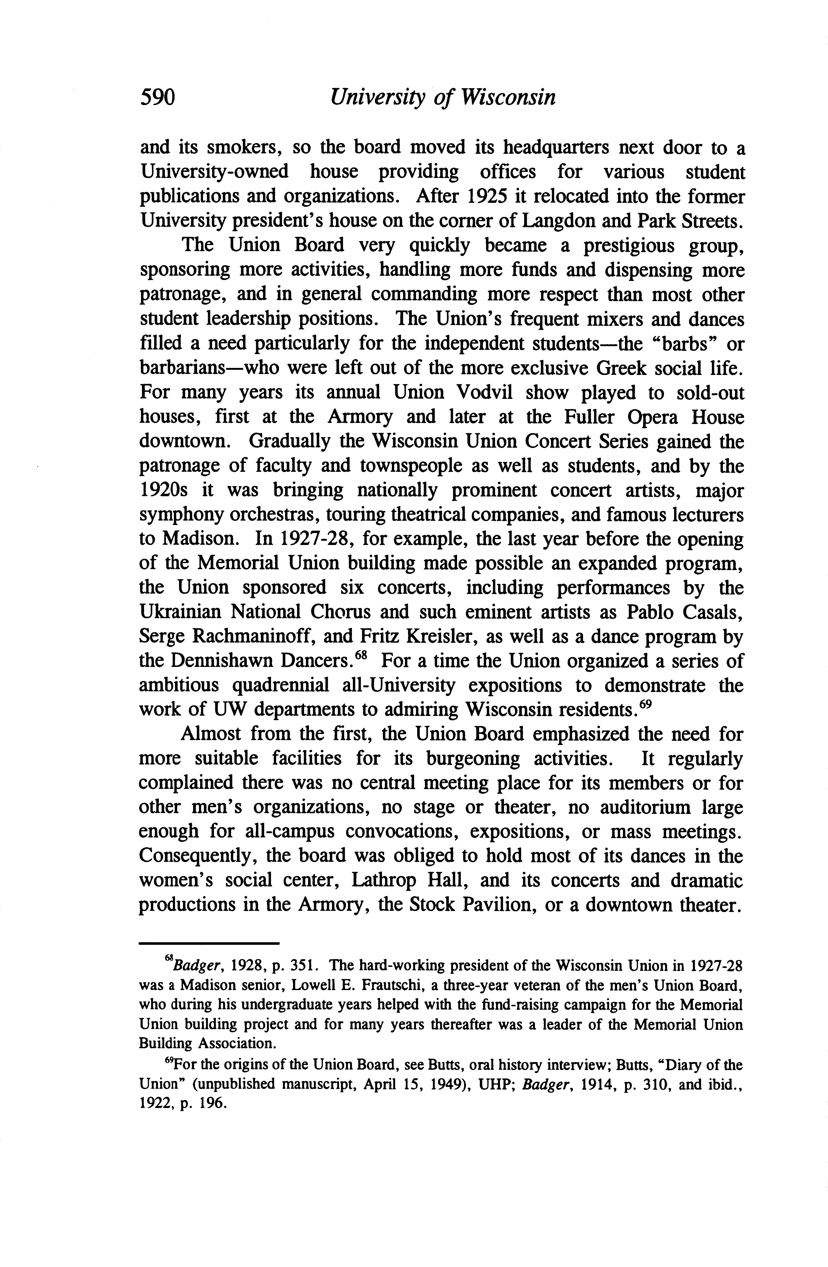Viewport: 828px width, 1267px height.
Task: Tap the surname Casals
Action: point(711,612)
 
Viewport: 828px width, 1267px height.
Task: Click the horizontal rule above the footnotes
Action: point(209,944)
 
